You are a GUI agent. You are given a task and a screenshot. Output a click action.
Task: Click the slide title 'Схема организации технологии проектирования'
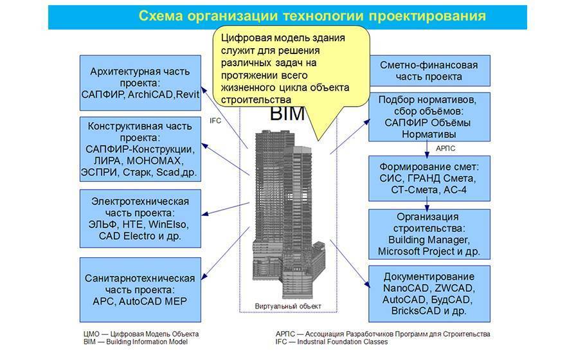pyautogui.click(x=312, y=15)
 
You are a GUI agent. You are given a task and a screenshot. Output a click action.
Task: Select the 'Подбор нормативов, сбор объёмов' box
pyautogui.click(x=429, y=118)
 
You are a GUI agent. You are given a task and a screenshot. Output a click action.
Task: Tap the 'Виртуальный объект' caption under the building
pyautogui.click(x=288, y=305)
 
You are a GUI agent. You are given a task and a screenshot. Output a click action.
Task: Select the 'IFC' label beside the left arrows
pyautogui.click(x=215, y=120)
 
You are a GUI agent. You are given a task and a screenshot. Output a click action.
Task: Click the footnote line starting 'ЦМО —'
pyautogui.click(x=141, y=334)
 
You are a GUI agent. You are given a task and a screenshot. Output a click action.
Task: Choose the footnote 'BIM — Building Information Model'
pyautogui.click(x=135, y=343)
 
